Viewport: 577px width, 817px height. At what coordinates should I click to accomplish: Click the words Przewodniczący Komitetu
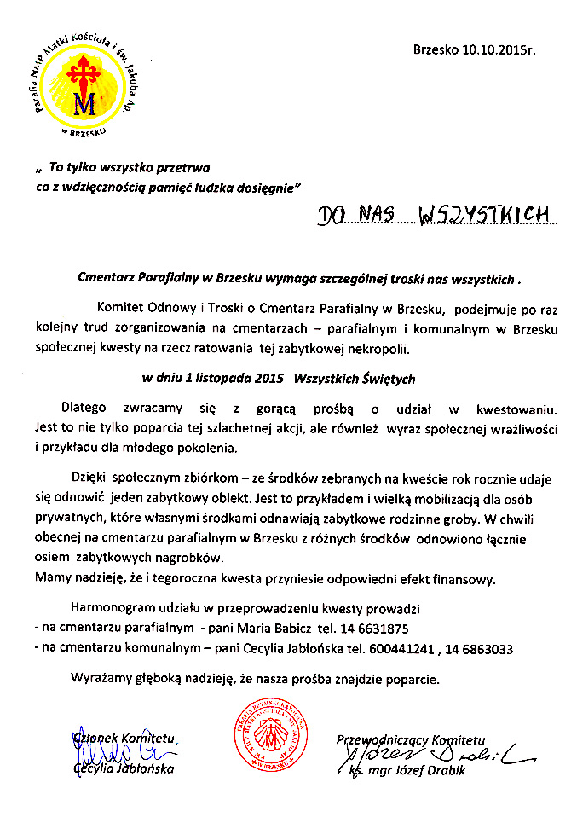click(x=411, y=739)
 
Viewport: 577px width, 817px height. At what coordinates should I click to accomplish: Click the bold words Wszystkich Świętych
click(x=354, y=378)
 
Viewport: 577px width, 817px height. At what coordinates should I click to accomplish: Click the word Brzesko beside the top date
click(x=436, y=50)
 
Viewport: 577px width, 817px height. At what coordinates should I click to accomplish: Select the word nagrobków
click(x=182, y=557)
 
